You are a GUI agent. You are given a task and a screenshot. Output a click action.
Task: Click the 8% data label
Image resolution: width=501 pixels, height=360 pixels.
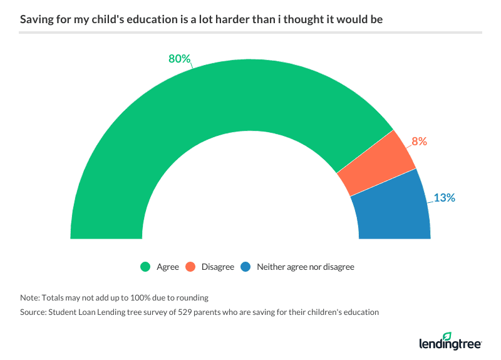coord(419,141)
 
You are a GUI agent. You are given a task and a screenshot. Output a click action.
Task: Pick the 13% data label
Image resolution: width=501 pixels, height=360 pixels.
coord(444,198)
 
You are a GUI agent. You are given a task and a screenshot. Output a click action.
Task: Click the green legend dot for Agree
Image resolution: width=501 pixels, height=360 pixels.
coord(145,267)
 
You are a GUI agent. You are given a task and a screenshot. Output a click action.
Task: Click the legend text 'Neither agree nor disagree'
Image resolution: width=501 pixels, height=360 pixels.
coord(305,267)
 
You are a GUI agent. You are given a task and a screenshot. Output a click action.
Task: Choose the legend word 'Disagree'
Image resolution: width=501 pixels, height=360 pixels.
coord(217,267)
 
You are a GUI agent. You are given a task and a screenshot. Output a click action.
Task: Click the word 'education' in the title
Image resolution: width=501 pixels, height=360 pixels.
coord(142,19)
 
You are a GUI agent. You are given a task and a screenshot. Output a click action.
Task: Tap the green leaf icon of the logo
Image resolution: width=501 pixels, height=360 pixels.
coord(465,336)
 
